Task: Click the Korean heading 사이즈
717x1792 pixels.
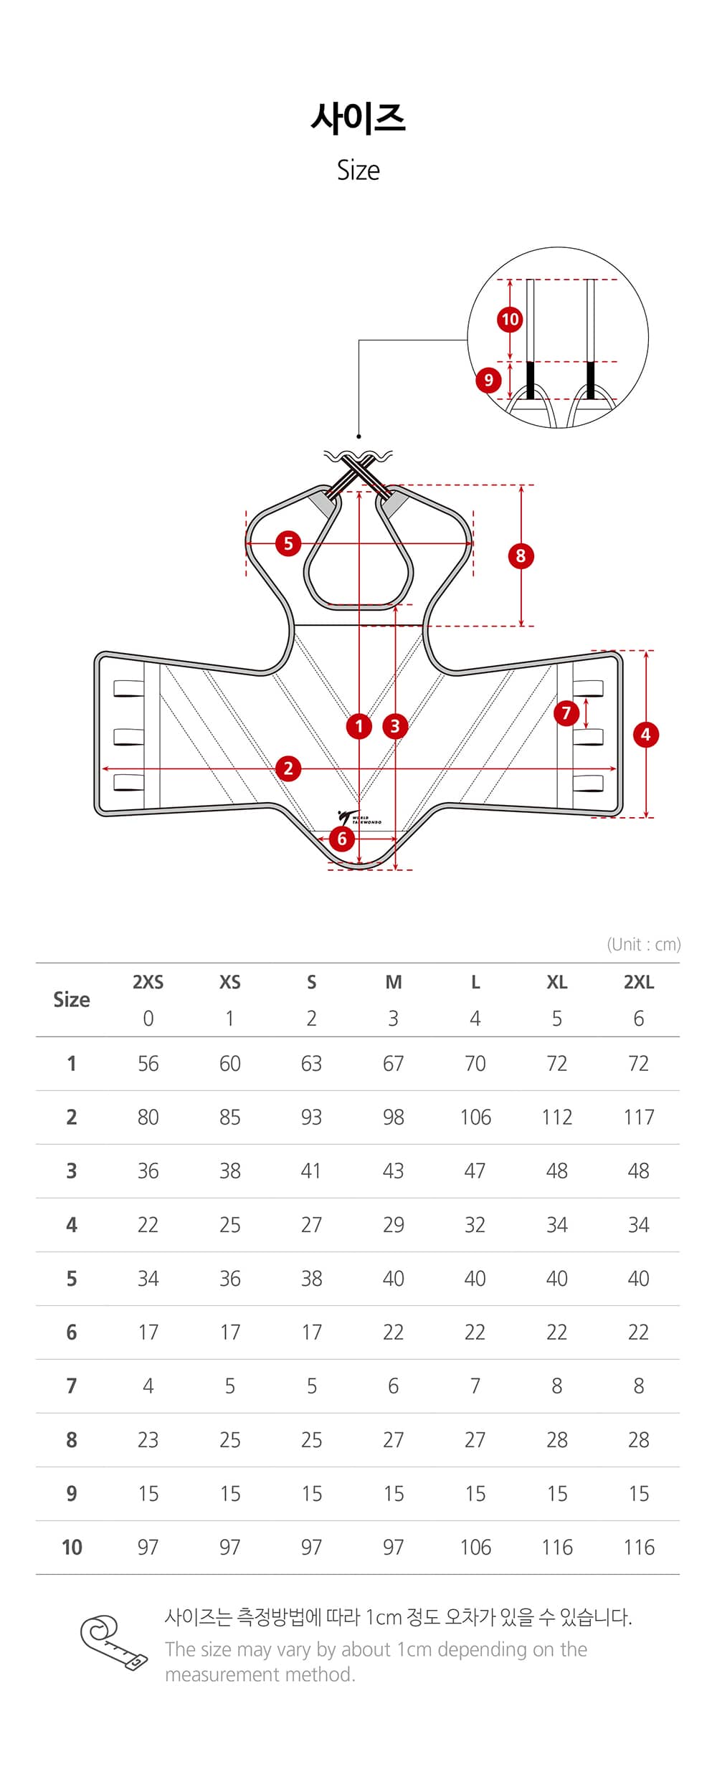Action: point(358,118)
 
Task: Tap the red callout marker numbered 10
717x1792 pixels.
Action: point(510,319)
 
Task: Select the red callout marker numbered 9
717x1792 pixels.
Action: point(488,379)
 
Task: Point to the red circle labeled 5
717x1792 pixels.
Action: point(288,543)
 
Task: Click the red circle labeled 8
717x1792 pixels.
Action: point(521,556)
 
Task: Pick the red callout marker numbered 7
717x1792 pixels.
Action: point(566,712)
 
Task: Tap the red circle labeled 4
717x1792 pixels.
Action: point(645,734)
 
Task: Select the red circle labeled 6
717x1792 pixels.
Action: point(342,839)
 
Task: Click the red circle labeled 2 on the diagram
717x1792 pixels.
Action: point(288,768)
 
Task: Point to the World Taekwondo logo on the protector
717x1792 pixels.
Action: point(358,819)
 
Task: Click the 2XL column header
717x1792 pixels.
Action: point(638,982)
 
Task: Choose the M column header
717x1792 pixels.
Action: point(393,982)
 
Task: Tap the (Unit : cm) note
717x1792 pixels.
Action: point(643,944)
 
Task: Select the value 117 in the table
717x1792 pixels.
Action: point(638,1117)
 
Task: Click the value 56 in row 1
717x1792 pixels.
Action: point(148,1063)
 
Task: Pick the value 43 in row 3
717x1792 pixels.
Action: point(393,1171)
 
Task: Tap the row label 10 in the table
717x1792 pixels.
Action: point(72,1547)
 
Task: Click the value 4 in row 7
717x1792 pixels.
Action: point(148,1386)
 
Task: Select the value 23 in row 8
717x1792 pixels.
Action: point(148,1439)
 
